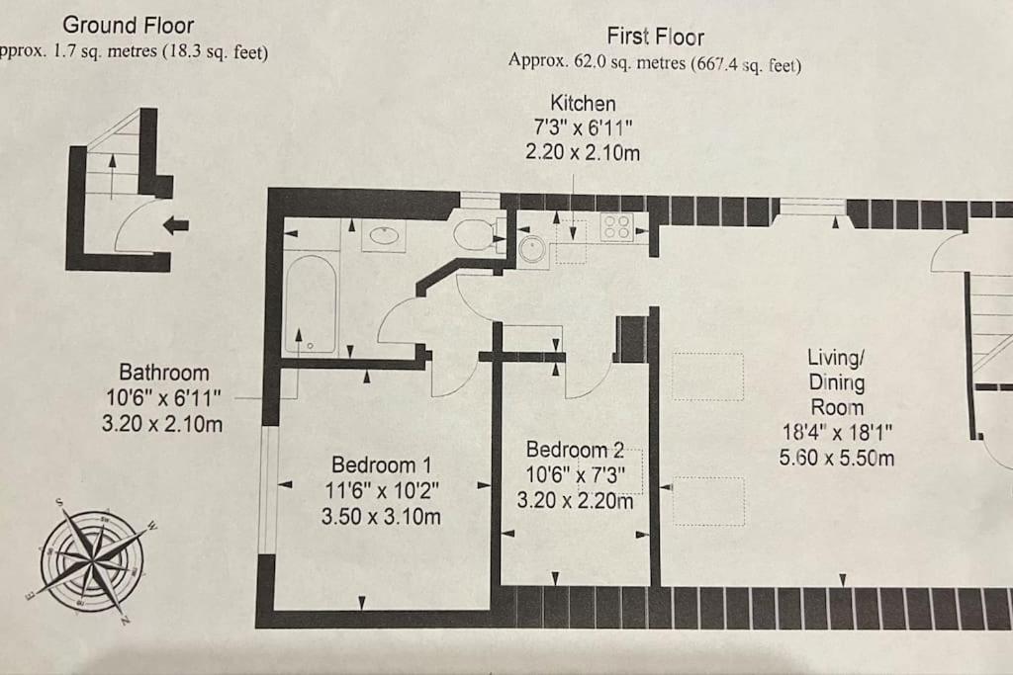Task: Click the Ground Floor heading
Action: coord(128,25)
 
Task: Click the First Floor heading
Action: coord(655,37)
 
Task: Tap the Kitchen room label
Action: coord(583,103)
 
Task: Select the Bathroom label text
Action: coord(164,373)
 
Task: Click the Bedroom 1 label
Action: coord(381,464)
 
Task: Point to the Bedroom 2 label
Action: coord(575,450)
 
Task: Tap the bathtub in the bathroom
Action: coord(311,304)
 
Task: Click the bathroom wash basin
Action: coord(384,235)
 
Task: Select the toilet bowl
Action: coord(474,234)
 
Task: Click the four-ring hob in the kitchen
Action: coord(616,227)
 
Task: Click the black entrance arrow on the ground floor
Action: coord(176,225)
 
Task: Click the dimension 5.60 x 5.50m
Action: coord(837,459)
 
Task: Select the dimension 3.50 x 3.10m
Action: coord(381,516)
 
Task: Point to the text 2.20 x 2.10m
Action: coord(583,153)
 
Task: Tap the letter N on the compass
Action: coord(126,620)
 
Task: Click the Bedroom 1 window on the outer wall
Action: coord(267,489)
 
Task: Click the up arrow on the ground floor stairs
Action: coord(113,176)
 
